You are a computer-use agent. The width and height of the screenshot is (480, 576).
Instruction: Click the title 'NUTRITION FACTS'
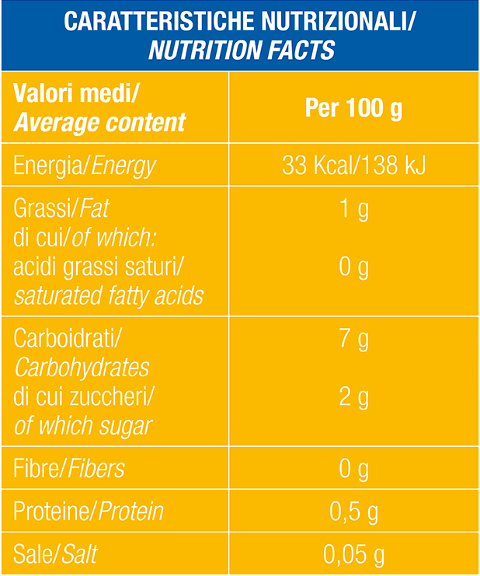241,50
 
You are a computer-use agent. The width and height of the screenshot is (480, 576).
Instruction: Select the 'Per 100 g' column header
353,108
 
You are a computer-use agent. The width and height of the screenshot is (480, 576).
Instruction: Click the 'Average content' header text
100,122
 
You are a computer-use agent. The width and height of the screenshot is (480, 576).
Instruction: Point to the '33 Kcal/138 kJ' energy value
353,166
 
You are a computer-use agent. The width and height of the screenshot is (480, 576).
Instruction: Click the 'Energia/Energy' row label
85,166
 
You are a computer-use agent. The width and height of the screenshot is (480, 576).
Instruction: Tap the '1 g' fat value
353,210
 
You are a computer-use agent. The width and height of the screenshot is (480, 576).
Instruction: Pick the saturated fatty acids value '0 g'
353,268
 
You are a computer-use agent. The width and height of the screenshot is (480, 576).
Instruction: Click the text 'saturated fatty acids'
109,296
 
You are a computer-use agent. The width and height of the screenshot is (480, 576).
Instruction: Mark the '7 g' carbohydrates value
353,340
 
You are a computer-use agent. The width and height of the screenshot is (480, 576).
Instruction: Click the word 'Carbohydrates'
82,368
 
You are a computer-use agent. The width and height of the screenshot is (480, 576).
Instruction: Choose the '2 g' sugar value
353,397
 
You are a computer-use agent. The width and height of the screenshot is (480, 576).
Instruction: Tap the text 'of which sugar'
83,426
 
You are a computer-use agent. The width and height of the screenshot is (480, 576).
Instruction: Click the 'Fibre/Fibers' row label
69,469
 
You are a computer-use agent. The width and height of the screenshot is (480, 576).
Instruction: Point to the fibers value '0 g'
353,469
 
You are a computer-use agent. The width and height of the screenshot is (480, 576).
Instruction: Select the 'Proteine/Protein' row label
89,511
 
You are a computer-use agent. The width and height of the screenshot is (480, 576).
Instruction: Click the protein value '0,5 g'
353,511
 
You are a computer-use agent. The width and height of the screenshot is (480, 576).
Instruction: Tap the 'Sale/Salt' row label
56,555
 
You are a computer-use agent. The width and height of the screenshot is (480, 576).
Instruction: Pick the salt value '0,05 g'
353,555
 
